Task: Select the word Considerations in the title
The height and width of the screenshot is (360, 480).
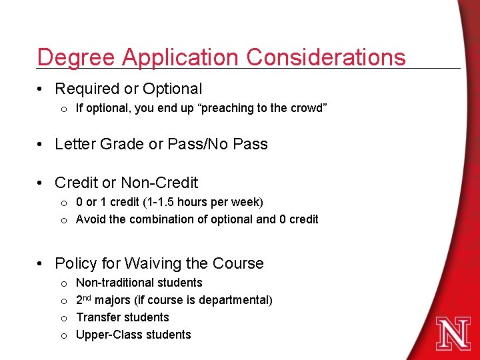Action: click(326, 57)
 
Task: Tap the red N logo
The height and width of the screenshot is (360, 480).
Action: click(453, 332)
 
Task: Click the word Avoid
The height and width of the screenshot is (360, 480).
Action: click(91, 219)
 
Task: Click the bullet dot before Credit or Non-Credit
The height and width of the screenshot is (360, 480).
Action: click(42, 183)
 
